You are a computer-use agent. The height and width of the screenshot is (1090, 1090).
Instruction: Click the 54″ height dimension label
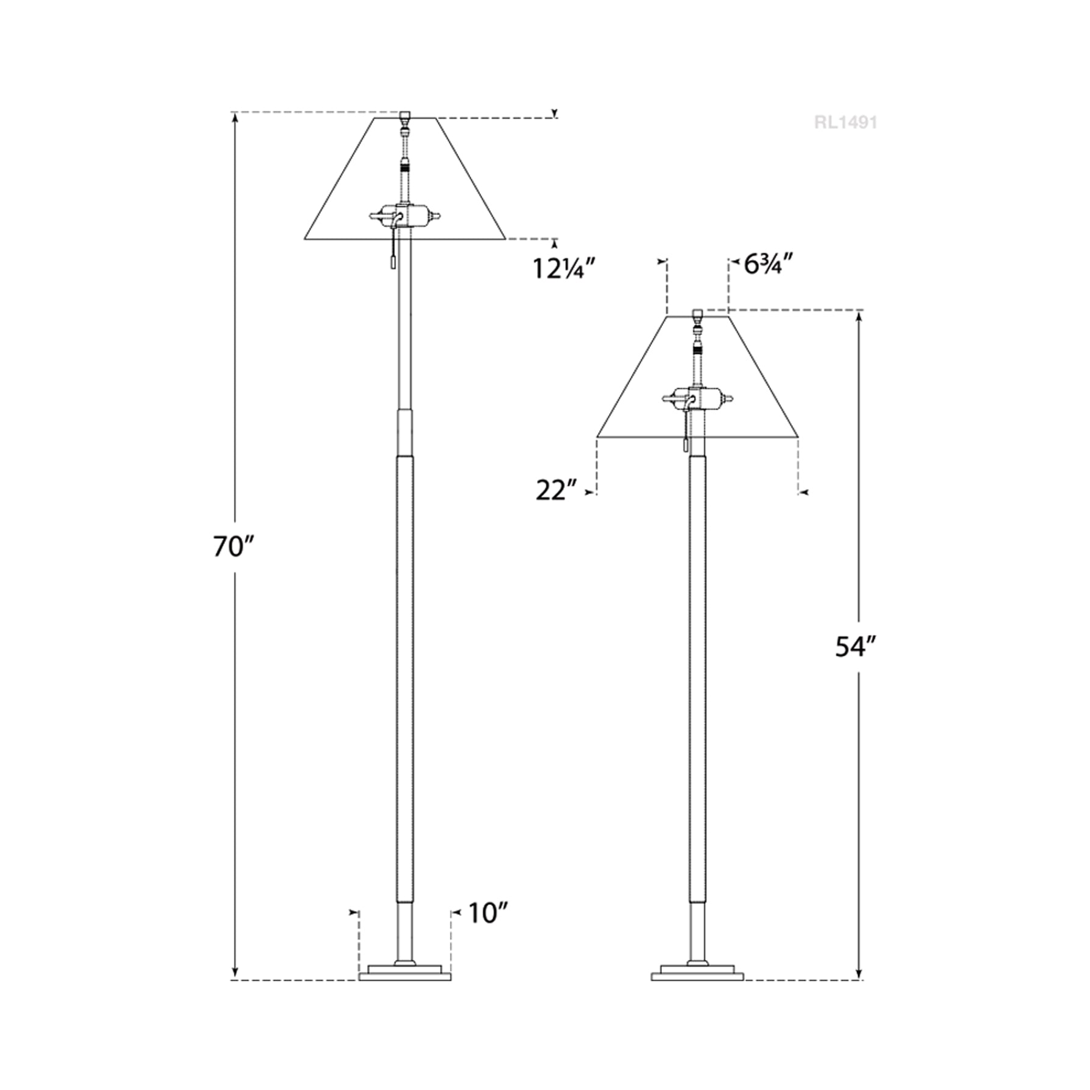858,647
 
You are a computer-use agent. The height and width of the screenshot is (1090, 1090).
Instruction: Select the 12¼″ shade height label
559,269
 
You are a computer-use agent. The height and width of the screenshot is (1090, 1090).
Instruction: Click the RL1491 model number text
846,123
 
